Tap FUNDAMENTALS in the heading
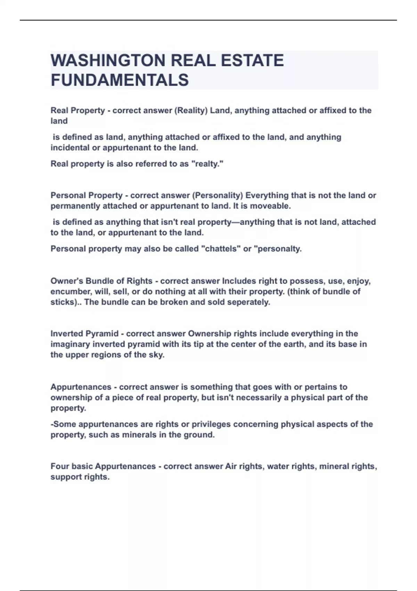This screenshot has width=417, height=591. (x=120, y=80)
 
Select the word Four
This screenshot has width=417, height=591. (x=59, y=466)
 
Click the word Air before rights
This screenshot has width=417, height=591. (x=231, y=466)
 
